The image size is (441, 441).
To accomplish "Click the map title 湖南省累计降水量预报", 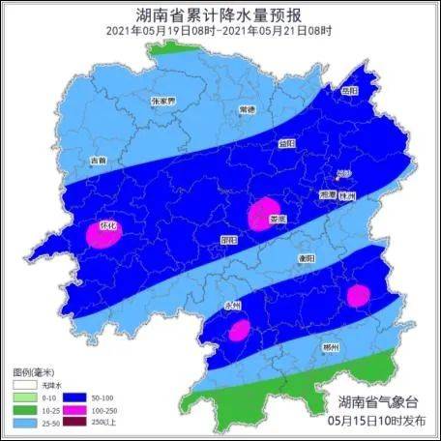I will click(x=220, y=15).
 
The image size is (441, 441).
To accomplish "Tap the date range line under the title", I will click(x=220, y=31).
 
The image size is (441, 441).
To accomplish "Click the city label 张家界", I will click(x=162, y=101).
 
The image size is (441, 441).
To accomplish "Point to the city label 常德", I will click(x=248, y=109).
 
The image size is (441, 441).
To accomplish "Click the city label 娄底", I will click(x=278, y=220).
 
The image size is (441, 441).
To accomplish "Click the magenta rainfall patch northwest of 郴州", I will click(x=359, y=295).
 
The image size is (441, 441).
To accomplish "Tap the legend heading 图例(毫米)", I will click(x=37, y=371).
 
